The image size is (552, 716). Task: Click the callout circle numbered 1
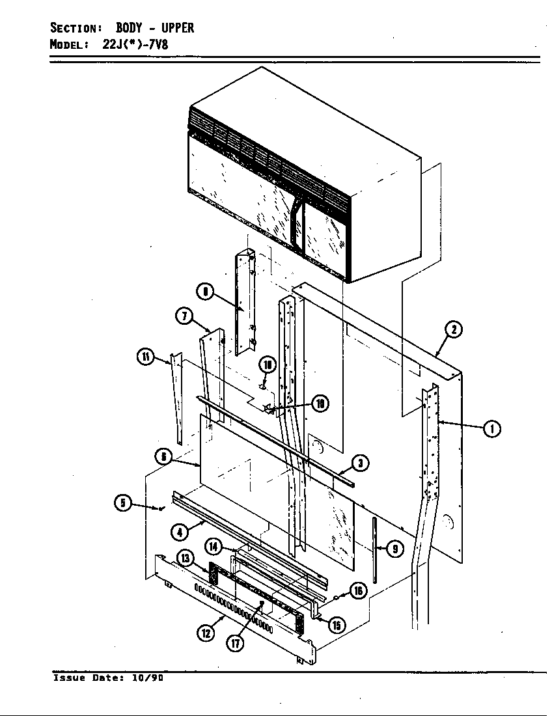(x=493, y=428)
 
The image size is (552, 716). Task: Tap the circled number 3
(x=360, y=463)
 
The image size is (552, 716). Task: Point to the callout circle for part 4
(x=180, y=532)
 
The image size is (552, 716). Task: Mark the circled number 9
(x=394, y=549)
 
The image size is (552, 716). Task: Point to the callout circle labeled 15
(x=337, y=626)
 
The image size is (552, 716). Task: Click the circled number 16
(x=357, y=590)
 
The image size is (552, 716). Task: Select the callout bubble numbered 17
(x=234, y=643)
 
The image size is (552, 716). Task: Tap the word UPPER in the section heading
(x=178, y=28)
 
